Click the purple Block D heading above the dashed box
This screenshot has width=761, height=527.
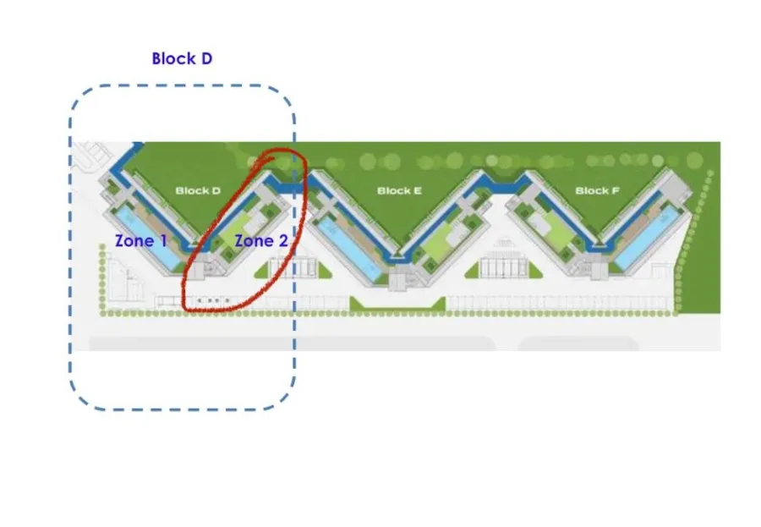pos(182,58)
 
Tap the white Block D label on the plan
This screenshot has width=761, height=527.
pos(198,190)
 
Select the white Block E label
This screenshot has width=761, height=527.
pos(399,190)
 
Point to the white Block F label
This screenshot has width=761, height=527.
pos(597,190)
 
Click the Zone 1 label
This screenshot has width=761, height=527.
pos(140,241)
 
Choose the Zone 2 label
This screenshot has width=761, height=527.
pos(260,241)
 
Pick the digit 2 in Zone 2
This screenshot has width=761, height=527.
pos(282,241)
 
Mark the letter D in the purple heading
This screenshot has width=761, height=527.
pos(205,58)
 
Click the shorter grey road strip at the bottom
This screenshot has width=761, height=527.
pos(578,343)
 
